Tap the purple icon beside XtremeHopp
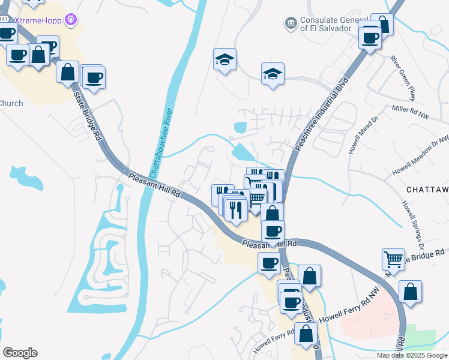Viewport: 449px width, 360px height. (72, 20)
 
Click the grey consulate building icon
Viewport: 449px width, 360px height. (291, 23)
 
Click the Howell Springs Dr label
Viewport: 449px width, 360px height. (414, 225)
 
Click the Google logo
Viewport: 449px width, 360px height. (20, 353)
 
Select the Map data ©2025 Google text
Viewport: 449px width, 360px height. (411, 355)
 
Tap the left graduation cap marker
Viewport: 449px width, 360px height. (224, 59)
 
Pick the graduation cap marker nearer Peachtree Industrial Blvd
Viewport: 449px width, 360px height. (273, 74)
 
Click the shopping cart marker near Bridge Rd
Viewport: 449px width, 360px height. (393, 260)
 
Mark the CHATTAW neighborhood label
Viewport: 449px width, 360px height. (427, 189)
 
